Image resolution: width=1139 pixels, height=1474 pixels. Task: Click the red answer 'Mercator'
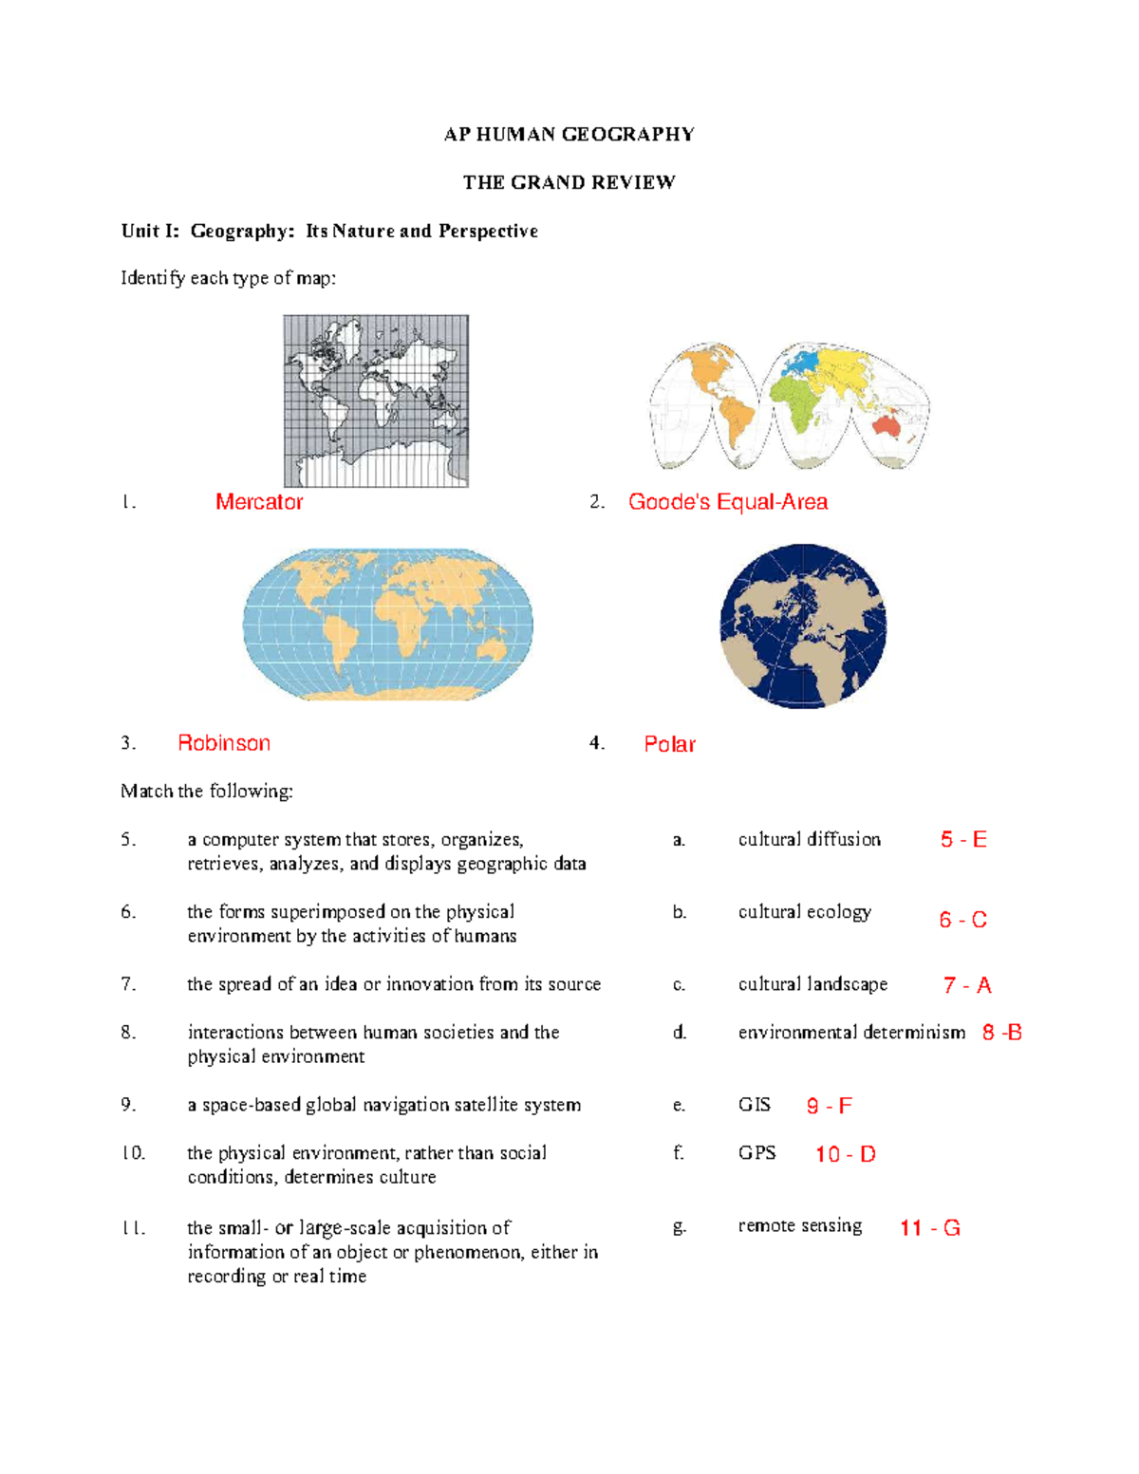point(259,502)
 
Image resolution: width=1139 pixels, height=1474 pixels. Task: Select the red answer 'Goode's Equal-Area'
point(727,502)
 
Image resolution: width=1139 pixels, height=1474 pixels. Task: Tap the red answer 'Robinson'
point(224,743)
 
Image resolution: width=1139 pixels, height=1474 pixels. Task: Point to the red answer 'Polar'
point(669,744)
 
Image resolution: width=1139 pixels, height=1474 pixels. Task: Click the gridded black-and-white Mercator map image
point(376,401)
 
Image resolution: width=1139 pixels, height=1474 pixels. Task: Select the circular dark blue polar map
point(803,626)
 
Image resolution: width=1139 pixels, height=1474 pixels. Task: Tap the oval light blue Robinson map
point(387,625)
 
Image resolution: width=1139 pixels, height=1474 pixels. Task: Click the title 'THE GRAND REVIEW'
point(569,182)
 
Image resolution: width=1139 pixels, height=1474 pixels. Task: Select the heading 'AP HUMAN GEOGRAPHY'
point(569,134)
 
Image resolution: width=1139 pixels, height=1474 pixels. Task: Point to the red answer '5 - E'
point(963,840)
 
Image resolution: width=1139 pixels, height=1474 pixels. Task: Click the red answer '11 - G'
point(929,1228)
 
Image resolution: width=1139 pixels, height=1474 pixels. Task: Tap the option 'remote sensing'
point(799,1225)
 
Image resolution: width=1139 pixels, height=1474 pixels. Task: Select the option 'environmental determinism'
point(851,1032)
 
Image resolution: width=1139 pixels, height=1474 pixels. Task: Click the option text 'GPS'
point(756,1152)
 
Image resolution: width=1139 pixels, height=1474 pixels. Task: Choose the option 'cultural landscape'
point(812,984)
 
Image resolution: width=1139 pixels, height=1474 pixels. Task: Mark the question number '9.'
point(128,1105)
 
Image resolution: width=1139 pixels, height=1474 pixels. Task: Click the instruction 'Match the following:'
point(206,791)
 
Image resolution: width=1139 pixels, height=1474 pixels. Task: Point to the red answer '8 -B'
point(1001,1033)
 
